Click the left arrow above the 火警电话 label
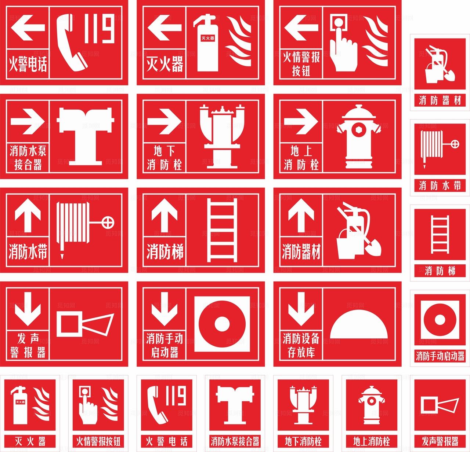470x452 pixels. click(x=28, y=28)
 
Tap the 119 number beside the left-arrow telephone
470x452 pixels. click(x=100, y=28)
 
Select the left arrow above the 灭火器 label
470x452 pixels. click(x=164, y=28)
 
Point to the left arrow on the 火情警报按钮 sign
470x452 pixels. click(x=301, y=28)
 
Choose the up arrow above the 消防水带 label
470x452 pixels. click(x=28, y=215)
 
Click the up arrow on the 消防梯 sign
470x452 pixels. click(x=164, y=215)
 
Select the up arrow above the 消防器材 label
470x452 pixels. click(x=301, y=215)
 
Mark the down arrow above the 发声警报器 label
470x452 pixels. click(x=28, y=309)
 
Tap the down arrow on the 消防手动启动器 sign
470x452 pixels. click(x=164, y=309)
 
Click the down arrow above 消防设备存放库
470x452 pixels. click(x=301, y=309)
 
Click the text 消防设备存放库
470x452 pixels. click(x=301, y=345)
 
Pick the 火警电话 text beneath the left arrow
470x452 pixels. click(x=28, y=64)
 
